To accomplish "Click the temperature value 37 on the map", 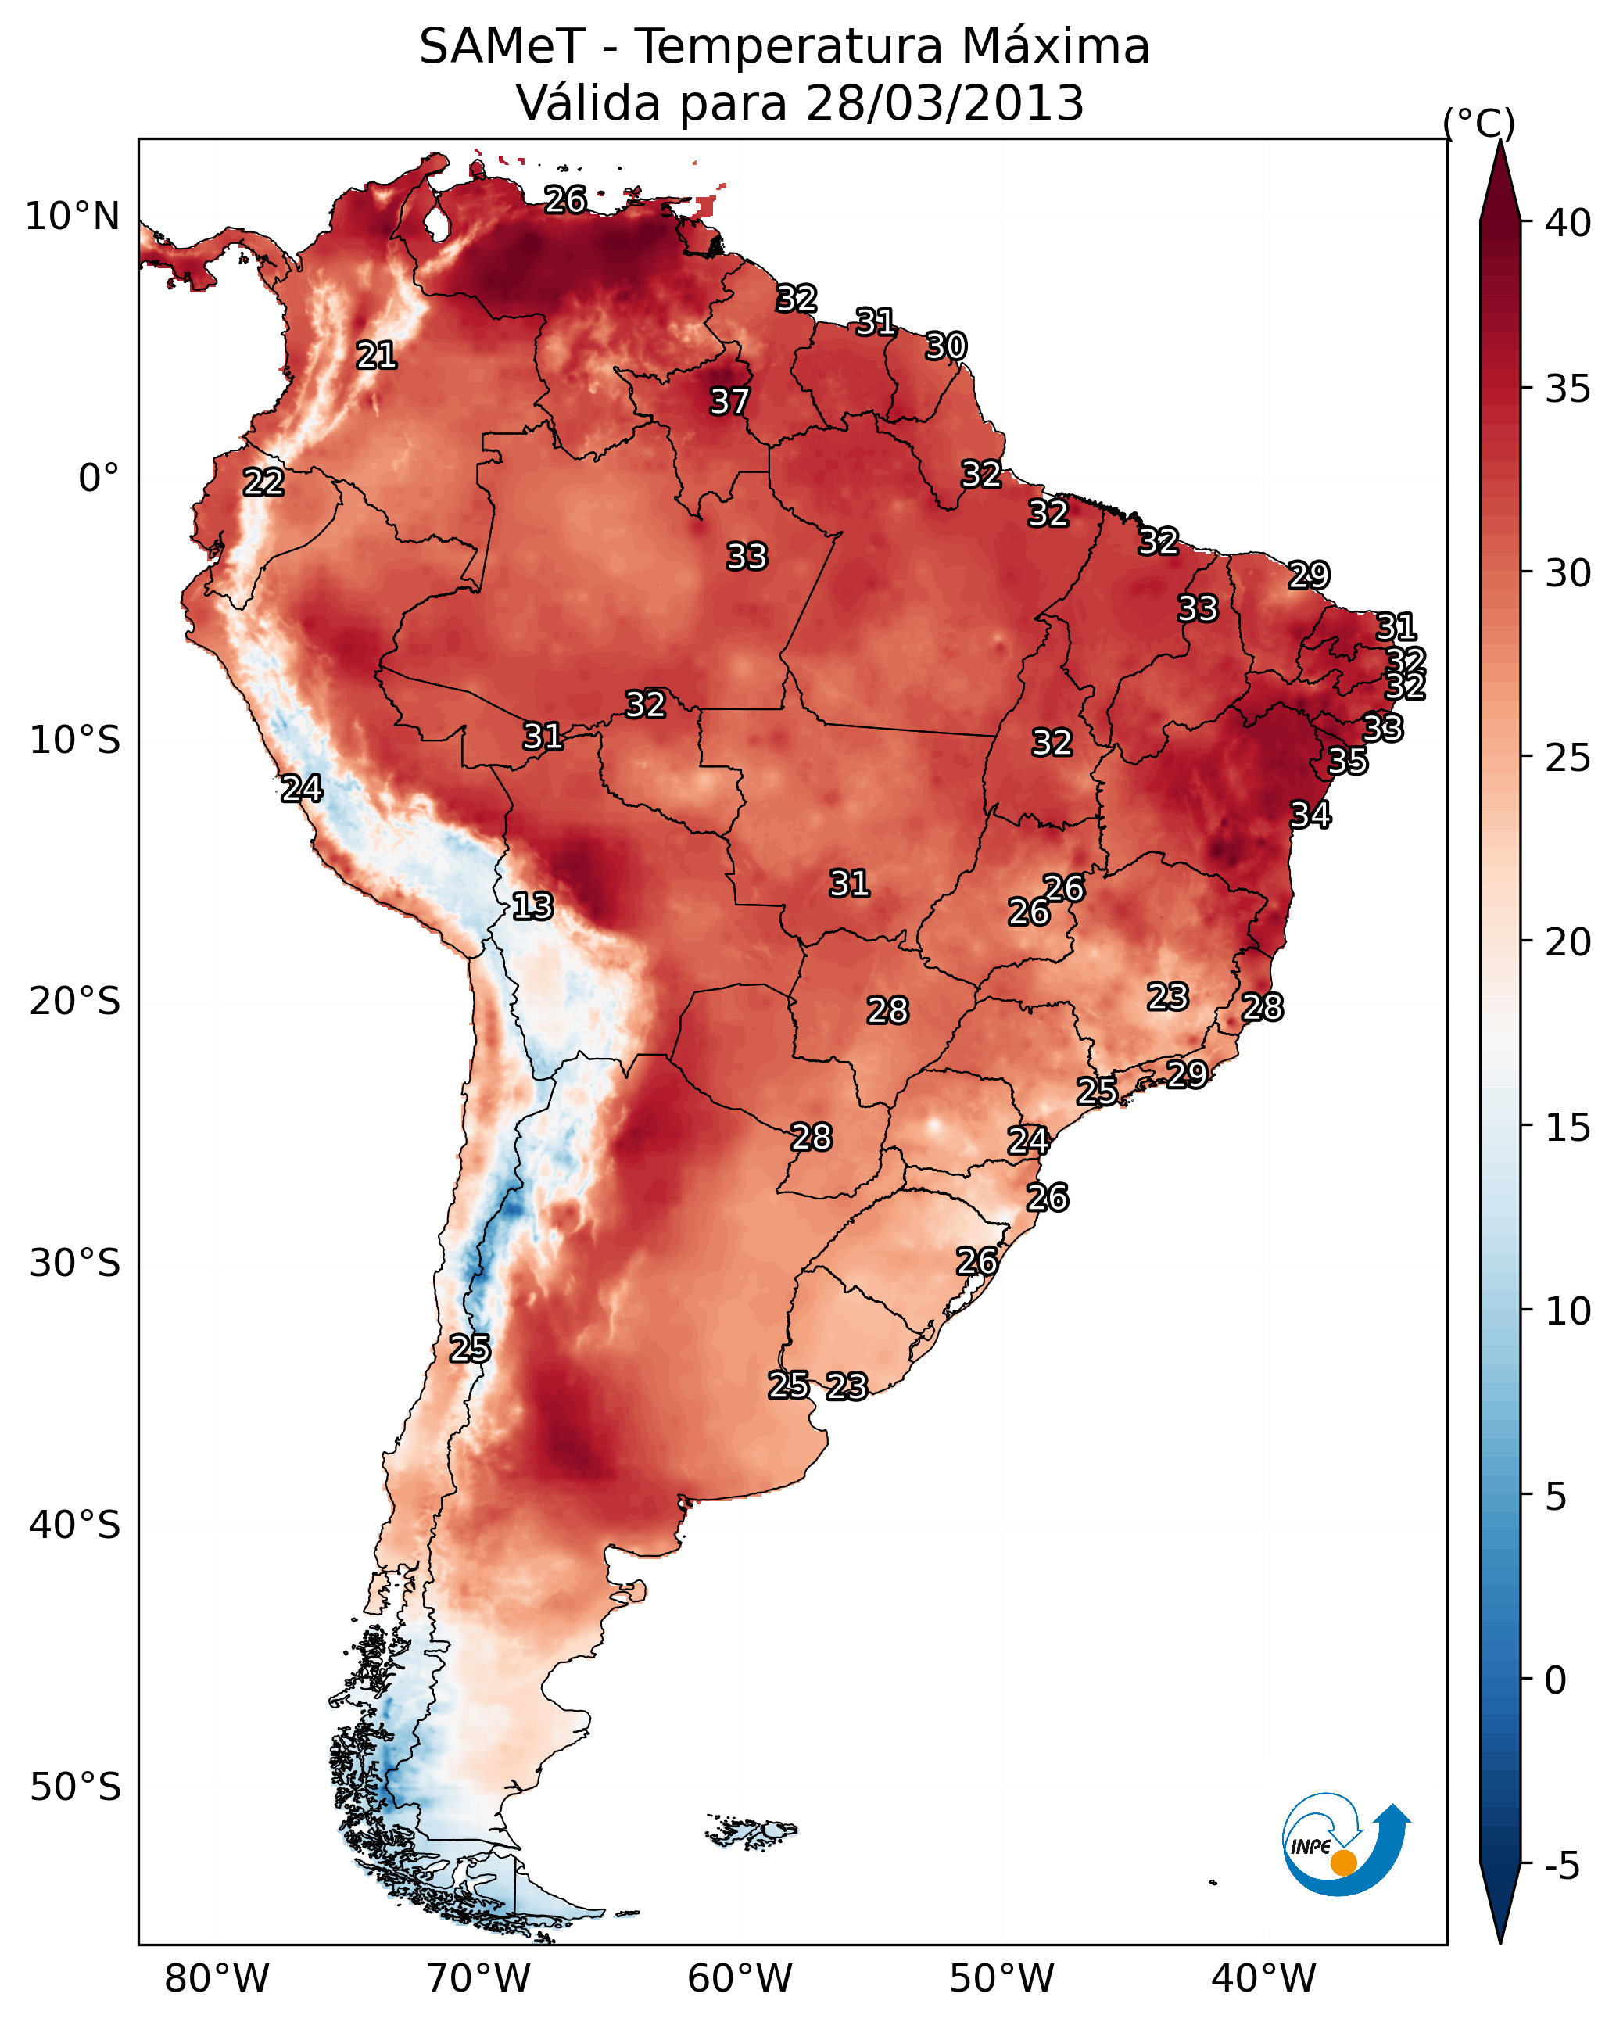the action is pos(729,401).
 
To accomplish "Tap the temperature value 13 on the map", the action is pos(532,906).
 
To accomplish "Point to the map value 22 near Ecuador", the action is pos(263,482).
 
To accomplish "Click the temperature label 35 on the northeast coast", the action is pos(1348,761).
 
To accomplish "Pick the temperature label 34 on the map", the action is pos(1310,815).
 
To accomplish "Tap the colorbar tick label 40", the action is pos(1568,223).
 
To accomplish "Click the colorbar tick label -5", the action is pos(1563,1866).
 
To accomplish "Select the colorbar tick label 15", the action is pos(1568,1128).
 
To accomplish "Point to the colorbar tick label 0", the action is pos(1556,1680).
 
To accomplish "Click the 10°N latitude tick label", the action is pos(72,217).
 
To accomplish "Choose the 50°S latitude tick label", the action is pos(75,1787).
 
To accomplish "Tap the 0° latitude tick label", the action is pos(99,479).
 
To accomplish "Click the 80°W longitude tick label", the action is pos(217,1979).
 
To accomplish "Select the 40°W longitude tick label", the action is pos(1263,1979).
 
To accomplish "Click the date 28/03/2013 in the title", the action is pos(945,103).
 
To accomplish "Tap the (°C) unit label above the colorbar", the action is pos(1479,123).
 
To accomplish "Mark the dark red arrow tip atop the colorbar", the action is pos(1500,142).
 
